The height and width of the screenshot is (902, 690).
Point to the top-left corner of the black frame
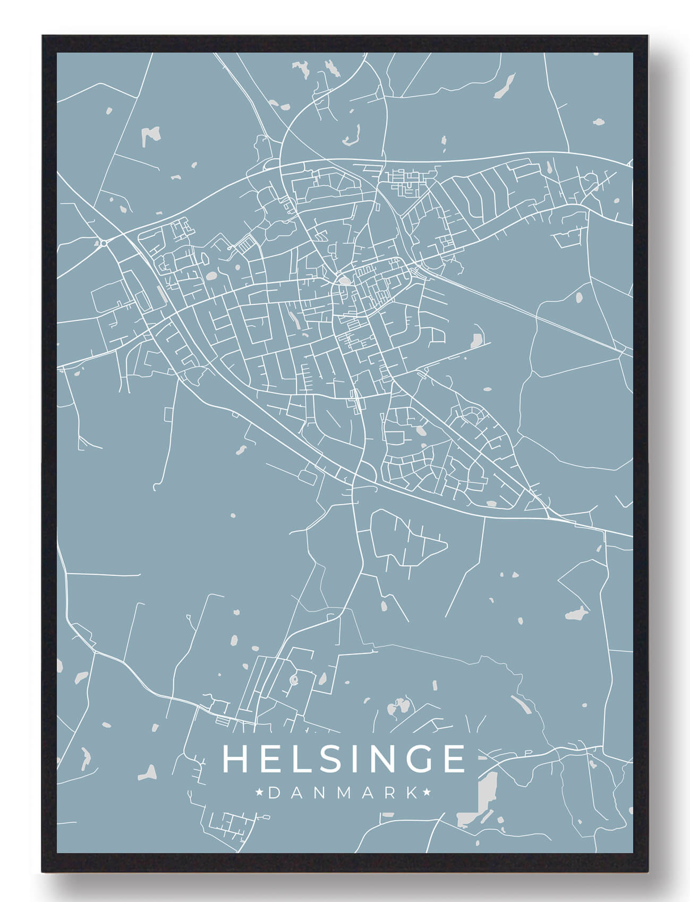42,36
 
